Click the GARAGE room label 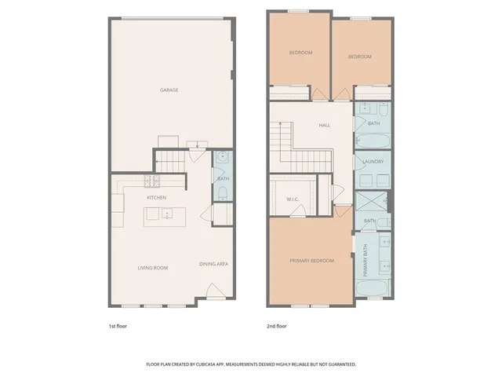[x=169, y=90]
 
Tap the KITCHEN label [x=155, y=198]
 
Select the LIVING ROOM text [x=153, y=268]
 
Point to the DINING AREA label [x=213, y=264]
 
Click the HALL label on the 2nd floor [x=324, y=126]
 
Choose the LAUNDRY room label [x=373, y=163]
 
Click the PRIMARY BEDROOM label [x=311, y=261]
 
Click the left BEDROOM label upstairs [x=300, y=53]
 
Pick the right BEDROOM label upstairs [x=360, y=57]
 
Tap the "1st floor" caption [x=117, y=324]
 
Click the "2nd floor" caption [x=277, y=324]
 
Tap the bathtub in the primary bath [x=371, y=287]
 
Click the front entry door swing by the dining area [x=213, y=297]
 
